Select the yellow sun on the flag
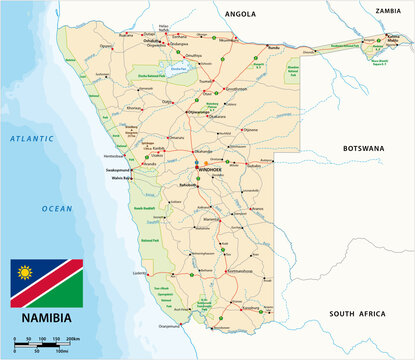[x=25, y=271]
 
